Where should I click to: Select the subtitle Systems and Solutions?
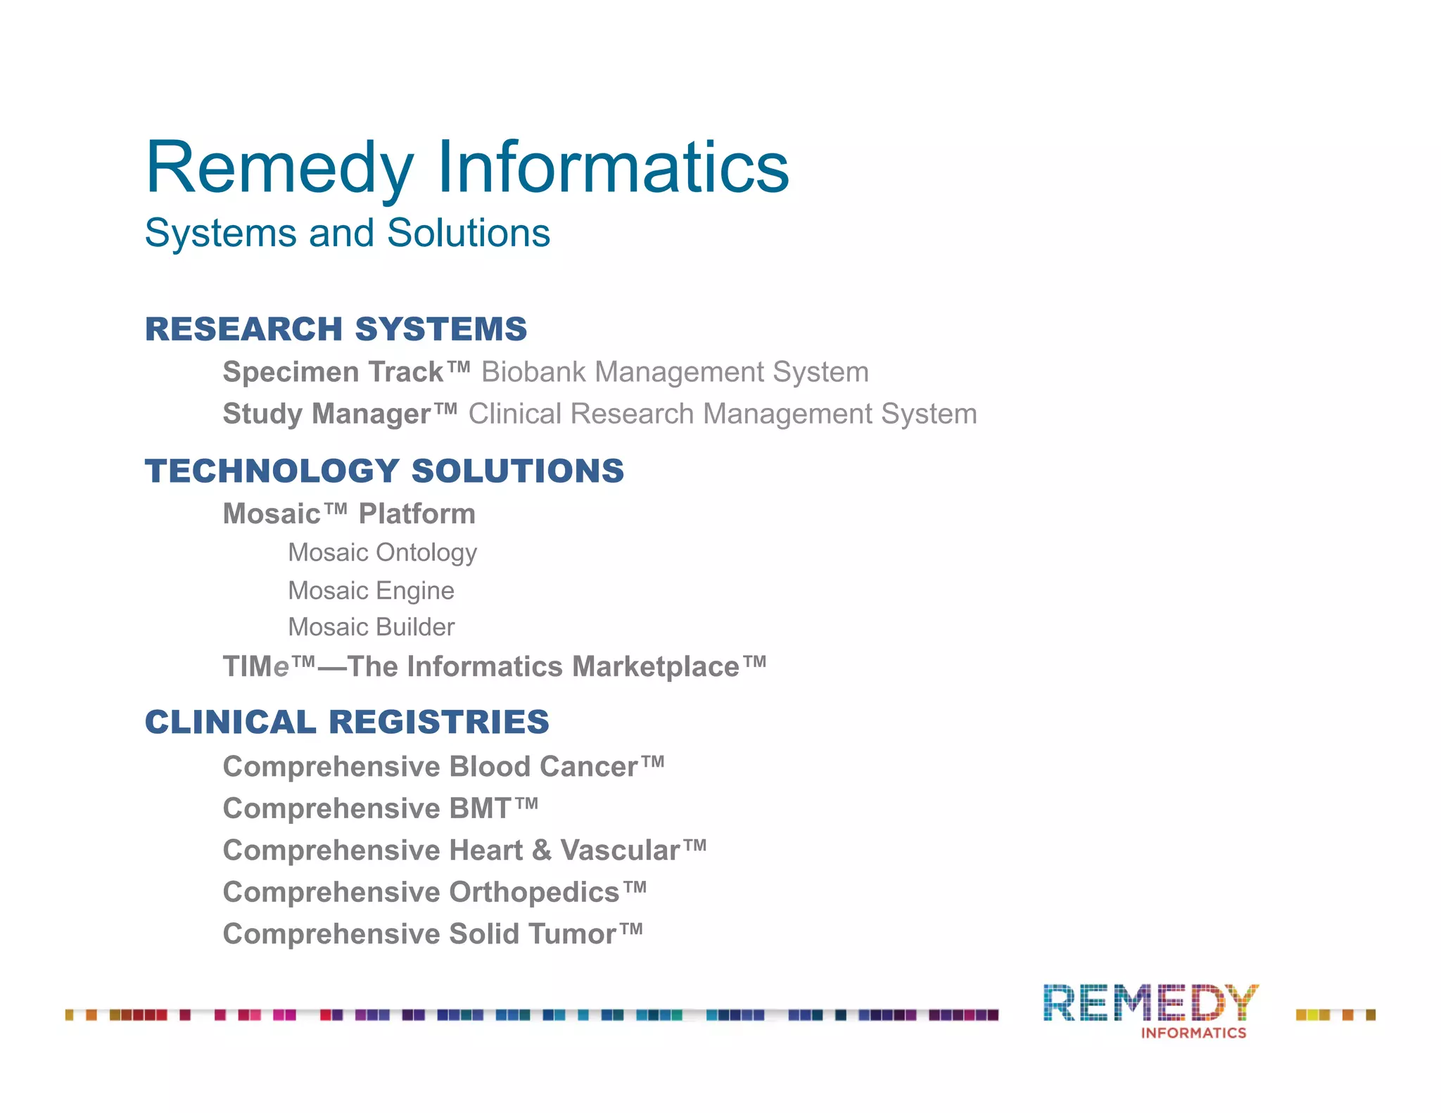(347, 233)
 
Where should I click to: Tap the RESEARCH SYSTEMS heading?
(336, 329)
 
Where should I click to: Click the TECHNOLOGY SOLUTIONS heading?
(384, 471)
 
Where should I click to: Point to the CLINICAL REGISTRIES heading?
(347, 723)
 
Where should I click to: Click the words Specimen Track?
(334, 372)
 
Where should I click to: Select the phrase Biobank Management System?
(675, 372)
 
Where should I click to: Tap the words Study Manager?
(327, 414)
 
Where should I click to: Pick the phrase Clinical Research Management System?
(723, 414)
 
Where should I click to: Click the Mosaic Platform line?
(349, 514)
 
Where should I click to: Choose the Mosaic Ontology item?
(382, 553)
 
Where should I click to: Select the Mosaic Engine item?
(371, 590)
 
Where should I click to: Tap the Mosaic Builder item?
(371, 627)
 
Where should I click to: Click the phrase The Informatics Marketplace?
(542, 667)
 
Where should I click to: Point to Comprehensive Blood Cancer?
(443, 767)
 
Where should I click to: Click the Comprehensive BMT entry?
(380, 808)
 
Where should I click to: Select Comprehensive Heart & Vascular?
(464, 851)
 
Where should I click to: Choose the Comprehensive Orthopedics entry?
(434, 892)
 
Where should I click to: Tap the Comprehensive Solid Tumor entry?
(433, 934)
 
